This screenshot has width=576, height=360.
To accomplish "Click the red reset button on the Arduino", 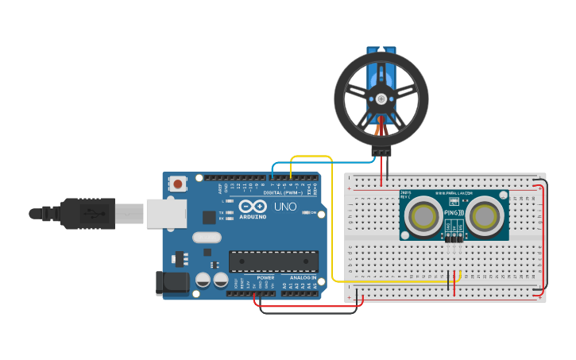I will [x=177, y=184].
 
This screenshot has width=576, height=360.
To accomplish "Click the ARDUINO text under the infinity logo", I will [x=253, y=216].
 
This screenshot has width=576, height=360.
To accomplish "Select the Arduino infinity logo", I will [x=253, y=205].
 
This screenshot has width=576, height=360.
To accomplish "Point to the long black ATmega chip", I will [x=273, y=261].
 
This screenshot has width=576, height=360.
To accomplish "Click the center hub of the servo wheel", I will [x=381, y=99].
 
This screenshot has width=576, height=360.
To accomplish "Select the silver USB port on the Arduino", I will [x=165, y=214].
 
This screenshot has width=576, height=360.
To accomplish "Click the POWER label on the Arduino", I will [x=265, y=277].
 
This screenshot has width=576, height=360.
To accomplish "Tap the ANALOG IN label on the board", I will [x=303, y=277].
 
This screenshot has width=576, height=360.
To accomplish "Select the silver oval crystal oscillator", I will [x=207, y=237].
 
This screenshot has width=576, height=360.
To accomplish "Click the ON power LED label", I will [x=312, y=213].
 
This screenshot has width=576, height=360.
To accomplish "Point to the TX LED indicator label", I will [x=222, y=212].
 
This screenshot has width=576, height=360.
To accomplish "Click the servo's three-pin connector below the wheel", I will [x=381, y=151].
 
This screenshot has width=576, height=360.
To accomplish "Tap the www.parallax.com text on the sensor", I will [x=454, y=193].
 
